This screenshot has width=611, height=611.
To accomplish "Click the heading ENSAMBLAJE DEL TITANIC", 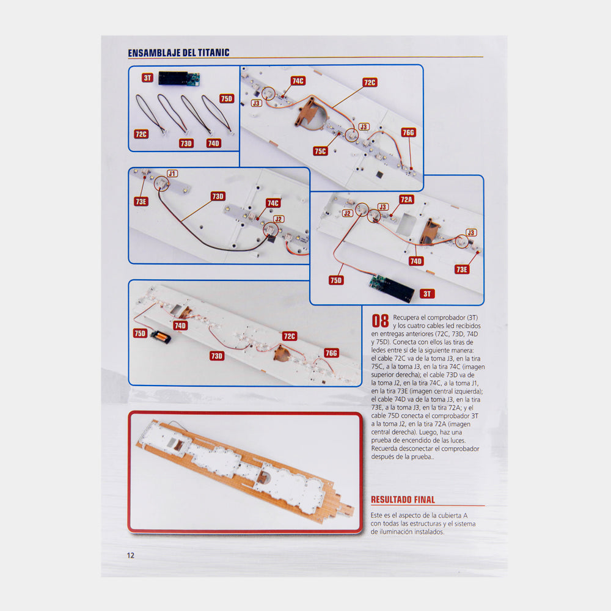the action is click(178, 53).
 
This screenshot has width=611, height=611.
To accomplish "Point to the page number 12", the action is click(131, 555).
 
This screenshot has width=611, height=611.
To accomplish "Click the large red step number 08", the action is click(380, 321).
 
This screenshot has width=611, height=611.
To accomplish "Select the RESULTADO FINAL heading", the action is click(403, 500).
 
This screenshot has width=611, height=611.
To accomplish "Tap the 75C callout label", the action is click(320, 151).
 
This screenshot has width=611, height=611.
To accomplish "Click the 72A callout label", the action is click(406, 200).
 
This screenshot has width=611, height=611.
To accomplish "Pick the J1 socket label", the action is click(172, 174).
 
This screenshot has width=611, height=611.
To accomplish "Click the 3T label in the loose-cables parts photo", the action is click(147, 78).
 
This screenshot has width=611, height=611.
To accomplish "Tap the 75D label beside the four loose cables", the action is click(227, 98).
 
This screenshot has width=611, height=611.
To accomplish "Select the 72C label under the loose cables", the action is click(141, 134).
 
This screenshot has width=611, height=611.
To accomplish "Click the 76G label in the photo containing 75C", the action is click(408, 133).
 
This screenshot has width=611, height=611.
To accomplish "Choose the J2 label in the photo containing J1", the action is click(278, 219).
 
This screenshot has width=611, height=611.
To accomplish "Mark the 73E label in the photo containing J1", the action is click(141, 202).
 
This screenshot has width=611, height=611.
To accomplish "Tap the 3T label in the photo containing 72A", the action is click(427, 294).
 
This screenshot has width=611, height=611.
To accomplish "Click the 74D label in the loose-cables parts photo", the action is click(213, 143).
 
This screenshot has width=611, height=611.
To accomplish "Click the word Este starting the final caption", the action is click(376, 515).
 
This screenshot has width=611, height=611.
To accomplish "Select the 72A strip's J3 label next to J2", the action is click(382, 207).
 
